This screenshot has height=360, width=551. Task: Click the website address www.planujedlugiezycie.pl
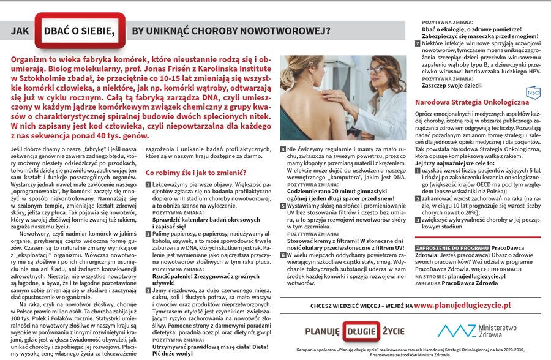click(x=462, y=304)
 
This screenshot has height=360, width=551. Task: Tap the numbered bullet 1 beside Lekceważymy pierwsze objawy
click(x=148, y=183)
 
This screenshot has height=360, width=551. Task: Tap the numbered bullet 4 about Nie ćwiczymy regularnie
click(x=283, y=149)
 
